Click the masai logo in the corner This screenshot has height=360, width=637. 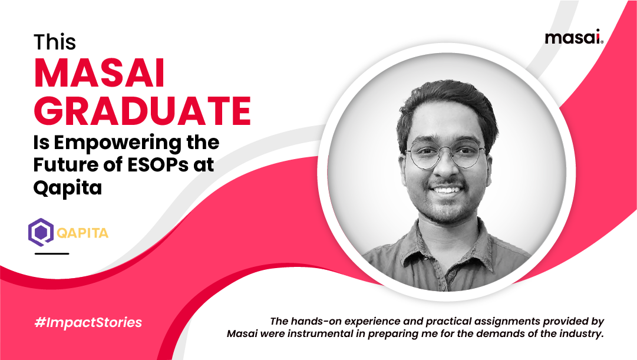click(573, 38)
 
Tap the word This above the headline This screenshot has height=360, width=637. click(54, 43)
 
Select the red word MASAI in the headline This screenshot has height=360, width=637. click(100, 74)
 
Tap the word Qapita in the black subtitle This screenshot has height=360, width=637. click(68, 189)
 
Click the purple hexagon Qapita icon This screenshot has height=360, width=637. click(41, 232)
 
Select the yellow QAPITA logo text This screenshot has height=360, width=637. click(82, 233)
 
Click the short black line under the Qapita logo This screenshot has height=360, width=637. click(52, 253)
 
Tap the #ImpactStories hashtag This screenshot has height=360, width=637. click(88, 323)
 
